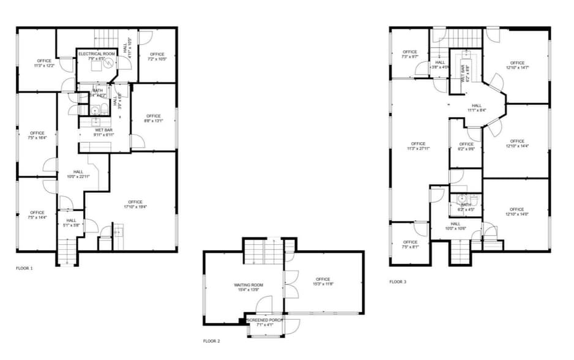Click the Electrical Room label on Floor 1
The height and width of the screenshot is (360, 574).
click(x=97, y=54)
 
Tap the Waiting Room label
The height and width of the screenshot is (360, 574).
click(x=248, y=285)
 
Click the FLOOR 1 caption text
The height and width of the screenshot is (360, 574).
click(x=24, y=268)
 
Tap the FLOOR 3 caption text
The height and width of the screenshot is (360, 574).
click(x=398, y=282)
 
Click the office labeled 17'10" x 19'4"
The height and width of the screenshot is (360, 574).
click(x=135, y=202)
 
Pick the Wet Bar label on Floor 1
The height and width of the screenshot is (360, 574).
click(x=104, y=130)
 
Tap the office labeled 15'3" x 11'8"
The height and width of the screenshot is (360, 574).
click(x=323, y=280)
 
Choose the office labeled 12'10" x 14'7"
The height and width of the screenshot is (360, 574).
click(x=517, y=63)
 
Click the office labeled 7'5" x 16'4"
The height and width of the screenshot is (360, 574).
click(x=37, y=133)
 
